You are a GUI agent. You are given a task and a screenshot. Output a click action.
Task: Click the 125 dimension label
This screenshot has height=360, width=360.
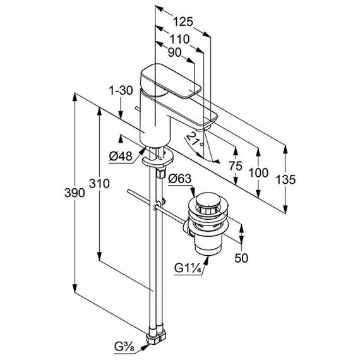(x=183, y=22)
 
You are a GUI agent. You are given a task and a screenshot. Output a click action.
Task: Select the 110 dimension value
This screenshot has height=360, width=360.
(x=179, y=39)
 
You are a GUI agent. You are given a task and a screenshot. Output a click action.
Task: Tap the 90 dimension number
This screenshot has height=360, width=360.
(x=174, y=53)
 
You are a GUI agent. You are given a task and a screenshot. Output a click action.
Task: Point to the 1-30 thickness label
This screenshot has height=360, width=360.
(x=121, y=90)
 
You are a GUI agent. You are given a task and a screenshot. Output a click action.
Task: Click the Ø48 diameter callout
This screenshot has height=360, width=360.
(x=121, y=157)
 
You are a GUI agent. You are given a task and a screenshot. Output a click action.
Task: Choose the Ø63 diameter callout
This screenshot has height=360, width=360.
(x=180, y=178)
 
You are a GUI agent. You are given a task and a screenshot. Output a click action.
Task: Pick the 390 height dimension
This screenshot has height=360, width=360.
(x=75, y=193)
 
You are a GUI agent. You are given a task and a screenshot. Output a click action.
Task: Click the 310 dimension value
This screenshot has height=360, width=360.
(x=99, y=184)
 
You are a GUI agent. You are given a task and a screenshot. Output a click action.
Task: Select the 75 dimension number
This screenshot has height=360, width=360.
(x=236, y=166)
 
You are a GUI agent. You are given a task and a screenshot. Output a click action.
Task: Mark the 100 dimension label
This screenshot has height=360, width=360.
(x=258, y=172)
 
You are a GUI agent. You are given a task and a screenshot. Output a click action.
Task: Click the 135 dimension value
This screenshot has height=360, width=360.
(x=285, y=179)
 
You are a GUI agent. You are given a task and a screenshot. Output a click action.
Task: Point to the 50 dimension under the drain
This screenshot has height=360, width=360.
(x=241, y=258)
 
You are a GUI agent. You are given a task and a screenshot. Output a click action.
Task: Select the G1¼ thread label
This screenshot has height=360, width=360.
(x=188, y=268)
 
